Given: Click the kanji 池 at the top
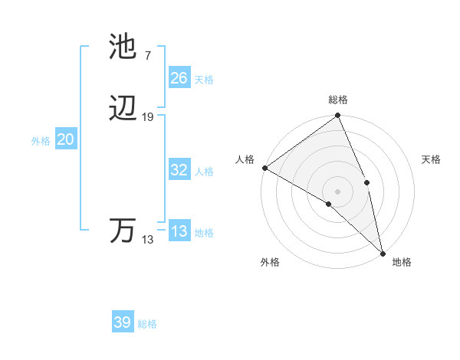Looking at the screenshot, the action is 123,47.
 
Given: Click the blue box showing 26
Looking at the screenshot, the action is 179,78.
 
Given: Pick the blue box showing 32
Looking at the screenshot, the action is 179,170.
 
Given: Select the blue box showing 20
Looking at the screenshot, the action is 65,140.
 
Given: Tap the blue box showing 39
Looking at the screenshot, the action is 122,322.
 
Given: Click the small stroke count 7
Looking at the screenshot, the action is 147,55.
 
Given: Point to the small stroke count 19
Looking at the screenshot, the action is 148,117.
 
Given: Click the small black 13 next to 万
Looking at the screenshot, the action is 147,240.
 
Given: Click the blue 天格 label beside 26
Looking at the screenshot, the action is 204,80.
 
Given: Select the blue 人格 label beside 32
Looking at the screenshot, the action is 204,172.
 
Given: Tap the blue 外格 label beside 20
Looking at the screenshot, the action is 41,141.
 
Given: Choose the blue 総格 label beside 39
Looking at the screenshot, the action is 147,324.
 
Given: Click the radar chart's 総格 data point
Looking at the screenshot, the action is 337,116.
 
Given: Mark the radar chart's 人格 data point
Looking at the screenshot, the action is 264,168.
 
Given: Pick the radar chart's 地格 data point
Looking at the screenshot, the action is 383,253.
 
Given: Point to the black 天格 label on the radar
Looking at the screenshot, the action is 432,159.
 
